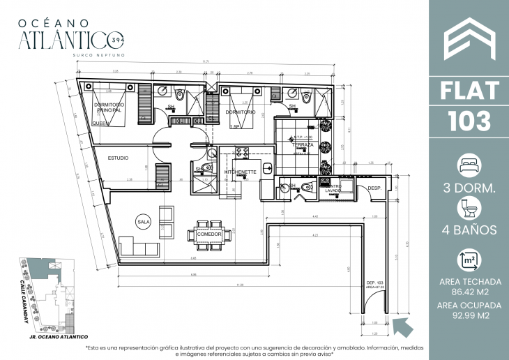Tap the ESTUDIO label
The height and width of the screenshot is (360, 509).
pyautogui.click(x=118, y=158)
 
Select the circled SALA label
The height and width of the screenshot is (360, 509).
pyautogui.click(x=144, y=222)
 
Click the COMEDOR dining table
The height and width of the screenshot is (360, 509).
pyautogui.click(x=209, y=233)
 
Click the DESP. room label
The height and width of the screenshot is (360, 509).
pyautogui.click(x=374, y=188)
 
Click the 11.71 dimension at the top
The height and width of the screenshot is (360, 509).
pyautogui.click(x=206, y=61)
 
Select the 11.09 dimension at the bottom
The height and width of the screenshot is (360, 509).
pyautogui.click(x=239, y=285)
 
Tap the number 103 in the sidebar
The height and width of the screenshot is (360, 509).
pyautogui.click(x=468, y=121)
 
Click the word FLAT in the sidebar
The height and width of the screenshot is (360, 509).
pyautogui.click(x=468, y=91)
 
